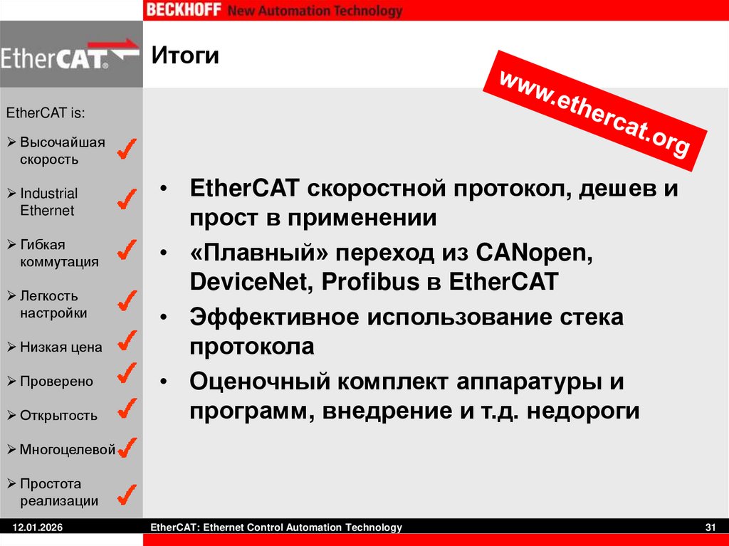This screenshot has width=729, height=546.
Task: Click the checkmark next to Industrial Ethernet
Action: coord(127,200)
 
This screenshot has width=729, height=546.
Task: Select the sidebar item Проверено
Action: coord(56,382)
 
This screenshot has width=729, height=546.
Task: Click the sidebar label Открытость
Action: coord(58,416)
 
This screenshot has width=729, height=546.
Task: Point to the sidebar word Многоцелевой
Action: coord(67,450)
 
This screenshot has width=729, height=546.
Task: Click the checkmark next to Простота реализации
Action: coord(127,493)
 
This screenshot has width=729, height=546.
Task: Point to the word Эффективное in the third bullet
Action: coord(274,317)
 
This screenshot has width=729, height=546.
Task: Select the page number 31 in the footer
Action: coord(709,527)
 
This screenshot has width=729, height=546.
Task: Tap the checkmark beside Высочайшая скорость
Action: coord(127,149)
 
